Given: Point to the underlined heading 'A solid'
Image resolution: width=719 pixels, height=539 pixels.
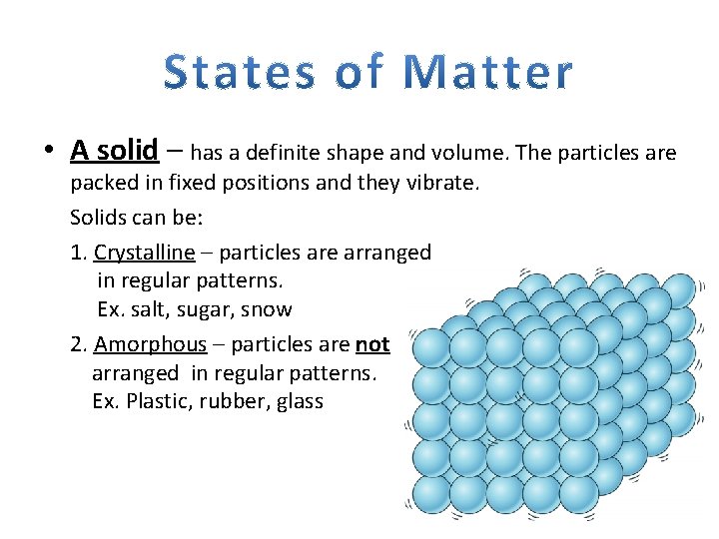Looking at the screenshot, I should point(114,151).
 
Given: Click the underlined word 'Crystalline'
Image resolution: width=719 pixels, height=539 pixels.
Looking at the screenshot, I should point(144,253).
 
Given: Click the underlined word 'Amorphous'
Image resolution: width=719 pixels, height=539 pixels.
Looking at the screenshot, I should point(150,344).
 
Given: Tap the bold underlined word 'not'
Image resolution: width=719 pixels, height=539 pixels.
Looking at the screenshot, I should point(372,344).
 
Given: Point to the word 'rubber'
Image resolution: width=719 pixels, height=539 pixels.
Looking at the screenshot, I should point(233,401).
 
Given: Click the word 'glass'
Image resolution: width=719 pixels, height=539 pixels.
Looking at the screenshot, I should point(301,401).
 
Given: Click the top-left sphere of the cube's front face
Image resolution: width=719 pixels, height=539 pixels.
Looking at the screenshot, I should point(431,348).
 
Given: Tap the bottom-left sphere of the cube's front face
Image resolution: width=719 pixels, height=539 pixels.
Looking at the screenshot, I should point(431,493).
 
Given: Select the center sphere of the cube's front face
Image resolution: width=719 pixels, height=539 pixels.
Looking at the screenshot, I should point(504,420).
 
